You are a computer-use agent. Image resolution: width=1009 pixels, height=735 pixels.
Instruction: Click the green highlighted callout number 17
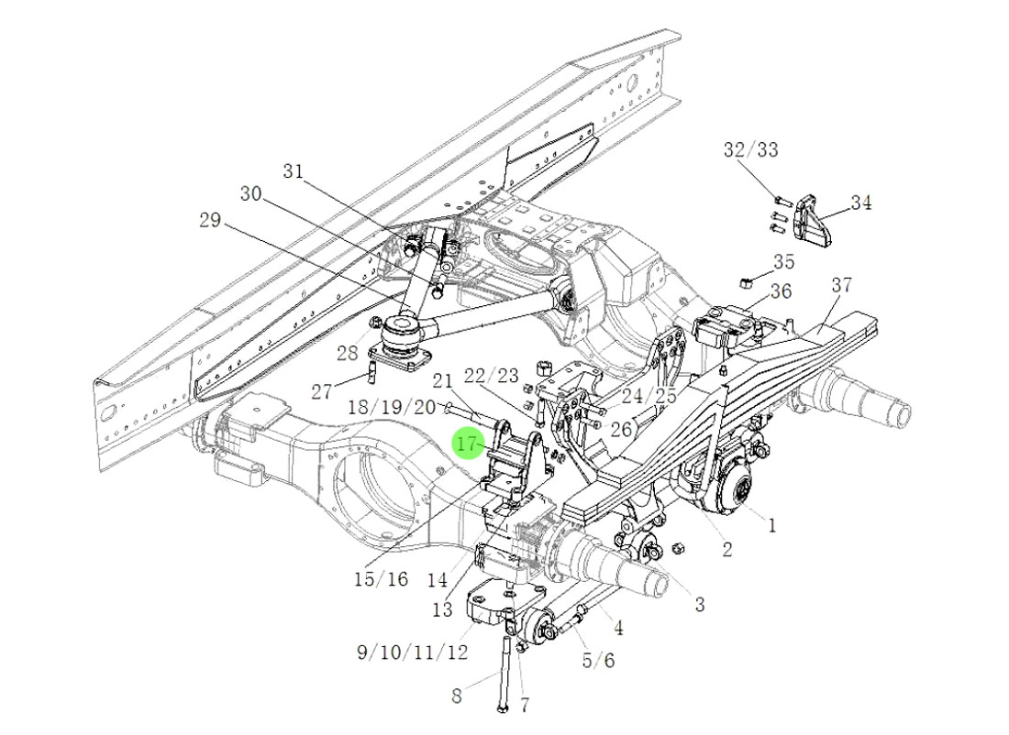coord(468,444)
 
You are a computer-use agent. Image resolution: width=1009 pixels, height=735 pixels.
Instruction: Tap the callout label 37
coord(842,285)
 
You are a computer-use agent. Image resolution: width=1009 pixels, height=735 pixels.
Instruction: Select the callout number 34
coord(860,203)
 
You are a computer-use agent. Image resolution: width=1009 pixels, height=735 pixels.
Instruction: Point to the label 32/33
coord(750,149)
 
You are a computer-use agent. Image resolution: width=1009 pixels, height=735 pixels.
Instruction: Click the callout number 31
coord(293,171)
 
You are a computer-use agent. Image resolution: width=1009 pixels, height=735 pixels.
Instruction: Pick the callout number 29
coord(210,220)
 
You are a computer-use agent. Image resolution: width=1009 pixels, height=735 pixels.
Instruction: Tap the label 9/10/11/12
coord(412,653)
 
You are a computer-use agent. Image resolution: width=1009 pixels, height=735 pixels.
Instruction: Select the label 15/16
coord(380,579)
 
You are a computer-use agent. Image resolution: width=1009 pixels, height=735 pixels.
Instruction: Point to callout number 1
coord(771,525)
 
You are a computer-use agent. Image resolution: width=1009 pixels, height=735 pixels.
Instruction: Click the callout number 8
coord(457,697)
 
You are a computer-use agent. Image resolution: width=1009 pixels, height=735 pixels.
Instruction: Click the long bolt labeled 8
coord(504,674)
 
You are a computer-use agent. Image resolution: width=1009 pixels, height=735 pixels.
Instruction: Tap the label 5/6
coord(598,660)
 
